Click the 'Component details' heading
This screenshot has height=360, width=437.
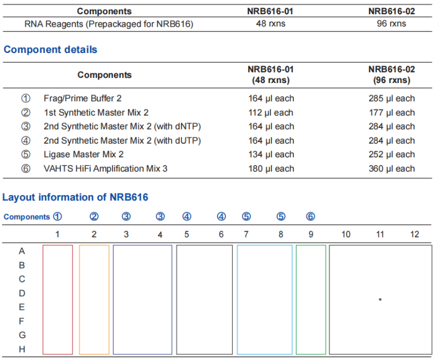[50, 50]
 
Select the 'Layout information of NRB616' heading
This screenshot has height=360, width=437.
[75, 197]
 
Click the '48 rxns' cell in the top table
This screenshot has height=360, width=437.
[270, 23]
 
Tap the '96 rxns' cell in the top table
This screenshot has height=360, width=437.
[391, 23]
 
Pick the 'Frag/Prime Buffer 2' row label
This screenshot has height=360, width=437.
[82, 98]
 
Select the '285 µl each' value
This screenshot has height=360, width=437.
[391, 98]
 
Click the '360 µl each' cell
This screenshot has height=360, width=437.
[391, 168]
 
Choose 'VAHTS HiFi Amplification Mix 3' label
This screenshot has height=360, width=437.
[105, 168]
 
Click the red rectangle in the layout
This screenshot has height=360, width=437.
[57, 299]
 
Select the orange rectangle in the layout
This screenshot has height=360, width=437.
[94, 299]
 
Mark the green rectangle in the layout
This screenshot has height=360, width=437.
[311, 299]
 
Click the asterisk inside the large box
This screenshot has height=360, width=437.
[380, 299]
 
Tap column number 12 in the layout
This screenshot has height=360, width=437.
[415, 234]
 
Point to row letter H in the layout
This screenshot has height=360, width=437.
[22, 349]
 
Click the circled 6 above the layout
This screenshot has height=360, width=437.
[310, 216]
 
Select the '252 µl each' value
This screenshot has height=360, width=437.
[391, 155]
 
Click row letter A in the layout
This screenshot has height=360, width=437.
[22, 251]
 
